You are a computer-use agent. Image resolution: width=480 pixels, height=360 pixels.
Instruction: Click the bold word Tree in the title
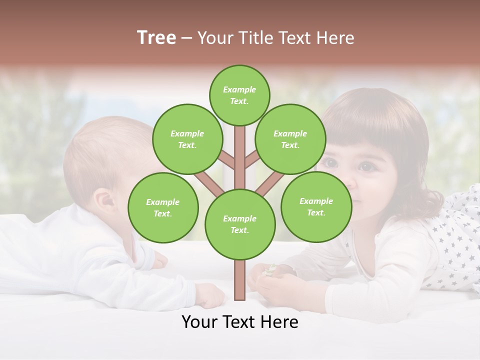pos(156,38)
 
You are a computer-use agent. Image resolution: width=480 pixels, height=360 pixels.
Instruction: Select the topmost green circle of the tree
pos(239,95)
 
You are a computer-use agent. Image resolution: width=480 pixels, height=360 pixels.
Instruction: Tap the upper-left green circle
pos(187,139)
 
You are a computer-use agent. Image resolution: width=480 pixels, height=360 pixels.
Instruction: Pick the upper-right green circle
pos(290,139)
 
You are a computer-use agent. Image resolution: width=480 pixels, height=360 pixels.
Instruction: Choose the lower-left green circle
pos(163,207)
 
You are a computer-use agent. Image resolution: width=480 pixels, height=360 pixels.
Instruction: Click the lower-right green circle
pos(316,206)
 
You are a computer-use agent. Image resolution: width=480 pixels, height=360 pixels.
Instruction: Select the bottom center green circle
pos(240,224)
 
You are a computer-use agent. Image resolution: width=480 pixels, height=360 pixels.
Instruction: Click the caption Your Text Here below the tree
pos(240,322)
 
